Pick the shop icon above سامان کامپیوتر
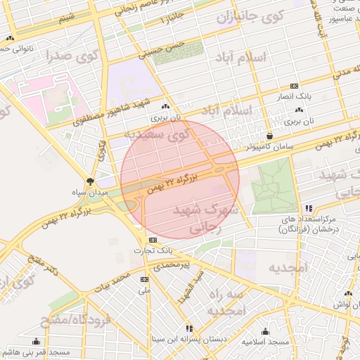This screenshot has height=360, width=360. coord(269,136)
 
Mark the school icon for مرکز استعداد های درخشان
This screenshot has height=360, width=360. coord(309,208)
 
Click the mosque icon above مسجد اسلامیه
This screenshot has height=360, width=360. coord(266,331)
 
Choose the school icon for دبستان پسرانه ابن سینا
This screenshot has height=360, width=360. coord(188,328)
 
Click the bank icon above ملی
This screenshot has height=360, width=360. coord(145,280)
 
